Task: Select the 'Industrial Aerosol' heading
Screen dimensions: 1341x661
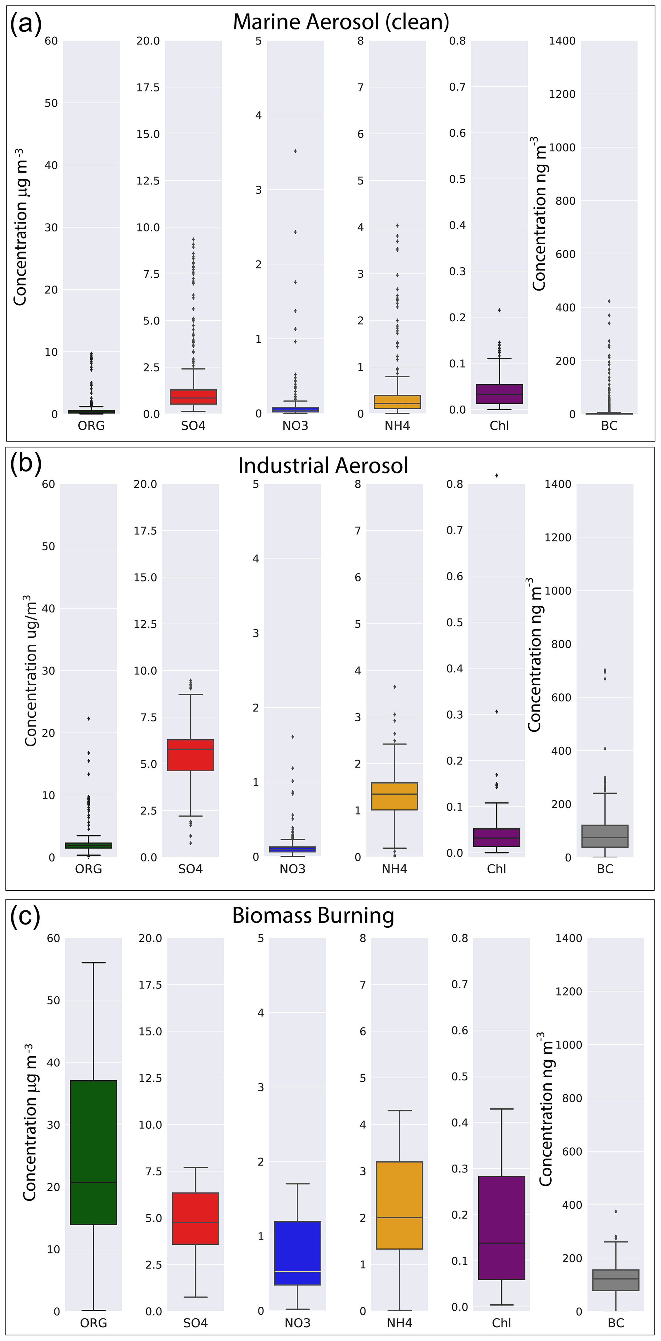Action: (x=323, y=465)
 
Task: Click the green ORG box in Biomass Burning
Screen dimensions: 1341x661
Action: (x=93, y=1152)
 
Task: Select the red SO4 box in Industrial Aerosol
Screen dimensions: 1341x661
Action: (x=191, y=754)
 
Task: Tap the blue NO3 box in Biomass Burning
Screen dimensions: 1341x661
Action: (x=297, y=1252)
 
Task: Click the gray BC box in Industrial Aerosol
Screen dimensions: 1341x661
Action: (x=605, y=836)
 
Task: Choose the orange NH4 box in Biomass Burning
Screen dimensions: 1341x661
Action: (x=399, y=1205)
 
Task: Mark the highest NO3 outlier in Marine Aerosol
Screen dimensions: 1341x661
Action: (x=295, y=151)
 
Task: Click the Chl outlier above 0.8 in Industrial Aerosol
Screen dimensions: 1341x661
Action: (x=496, y=475)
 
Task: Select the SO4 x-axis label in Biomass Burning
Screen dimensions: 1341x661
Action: (x=195, y=1323)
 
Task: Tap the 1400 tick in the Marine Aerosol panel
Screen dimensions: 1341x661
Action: (x=562, y=41)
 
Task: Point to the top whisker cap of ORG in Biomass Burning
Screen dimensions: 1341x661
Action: (x=93, y=963)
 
